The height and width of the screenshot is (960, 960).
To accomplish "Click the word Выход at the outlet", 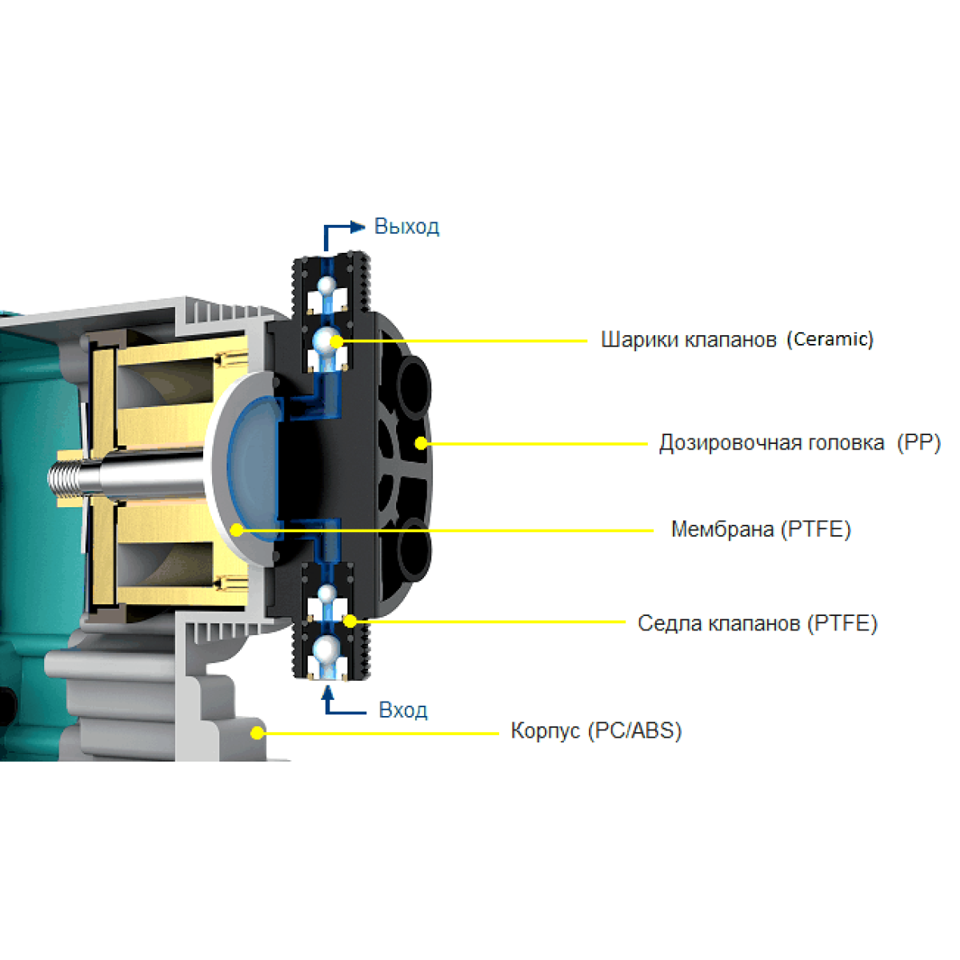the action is pos(406,226).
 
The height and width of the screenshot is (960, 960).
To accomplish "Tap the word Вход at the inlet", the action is pos(402,710).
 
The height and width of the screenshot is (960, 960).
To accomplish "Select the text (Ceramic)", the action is pos(830,339).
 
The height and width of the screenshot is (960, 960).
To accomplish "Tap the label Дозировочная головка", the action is pos(772,442).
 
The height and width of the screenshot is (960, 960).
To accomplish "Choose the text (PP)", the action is pos(918,442).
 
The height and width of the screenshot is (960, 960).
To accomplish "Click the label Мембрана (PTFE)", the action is pos(761,529).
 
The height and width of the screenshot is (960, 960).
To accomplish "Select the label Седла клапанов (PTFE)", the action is pos(758,623).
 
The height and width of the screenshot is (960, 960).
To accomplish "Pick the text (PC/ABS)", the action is pos(634,731).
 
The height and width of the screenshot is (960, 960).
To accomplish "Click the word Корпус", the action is pos(546,731).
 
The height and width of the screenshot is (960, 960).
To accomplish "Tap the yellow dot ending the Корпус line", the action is pos(257,733).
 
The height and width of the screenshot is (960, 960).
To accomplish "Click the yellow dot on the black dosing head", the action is pos(421,443).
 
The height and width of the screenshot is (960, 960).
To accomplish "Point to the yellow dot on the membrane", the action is pos(237,530).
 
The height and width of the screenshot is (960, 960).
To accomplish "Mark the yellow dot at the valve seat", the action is pos(350,622).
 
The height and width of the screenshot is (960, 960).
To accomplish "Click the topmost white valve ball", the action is pos(327,286).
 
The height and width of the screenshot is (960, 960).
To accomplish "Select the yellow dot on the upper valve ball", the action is pos(337,342).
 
